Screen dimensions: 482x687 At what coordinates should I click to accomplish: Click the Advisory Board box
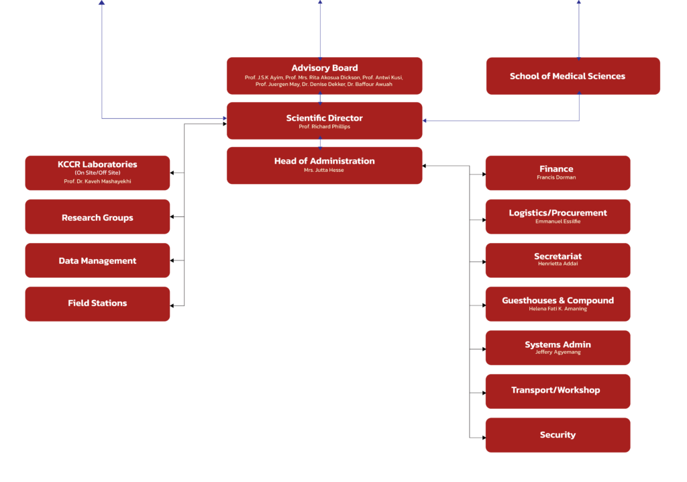click(x=324, y=75)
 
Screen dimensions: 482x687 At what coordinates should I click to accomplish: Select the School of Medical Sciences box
click(x=572, y=76)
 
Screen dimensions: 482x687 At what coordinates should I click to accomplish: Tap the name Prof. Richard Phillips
click(x=324, y=127)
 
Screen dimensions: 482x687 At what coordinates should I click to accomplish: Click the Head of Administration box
click(x=324, y=165)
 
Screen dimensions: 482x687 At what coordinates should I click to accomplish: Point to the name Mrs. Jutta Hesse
click(x=324, y=171)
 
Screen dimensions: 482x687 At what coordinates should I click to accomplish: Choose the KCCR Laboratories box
click(x=97, y=173)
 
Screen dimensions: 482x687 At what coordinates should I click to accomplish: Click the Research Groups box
click(x=97, y=217)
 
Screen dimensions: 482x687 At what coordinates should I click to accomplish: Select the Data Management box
click(x=97, y=260)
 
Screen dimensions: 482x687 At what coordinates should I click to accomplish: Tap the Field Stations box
click(x=97, y=303)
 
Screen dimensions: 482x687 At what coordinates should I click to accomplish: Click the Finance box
click(x=558, y=173)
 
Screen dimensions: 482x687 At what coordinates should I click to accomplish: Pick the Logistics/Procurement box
click(x=558, y=216)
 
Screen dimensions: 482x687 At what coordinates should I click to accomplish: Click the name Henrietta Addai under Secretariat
click(x=558, y=264)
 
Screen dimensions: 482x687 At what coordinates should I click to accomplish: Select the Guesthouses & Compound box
click(x=558, y=303)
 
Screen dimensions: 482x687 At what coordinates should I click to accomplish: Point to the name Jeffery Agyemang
click(x=558, y=352)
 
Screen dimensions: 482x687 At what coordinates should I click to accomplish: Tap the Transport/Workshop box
click(x=558, y=391)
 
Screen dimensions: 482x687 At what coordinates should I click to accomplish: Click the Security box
click(x=558, y=435)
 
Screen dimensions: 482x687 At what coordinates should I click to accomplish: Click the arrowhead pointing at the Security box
click(x=483, y=438)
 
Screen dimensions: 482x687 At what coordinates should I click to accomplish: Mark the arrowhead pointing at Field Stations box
click(x=172, y=306)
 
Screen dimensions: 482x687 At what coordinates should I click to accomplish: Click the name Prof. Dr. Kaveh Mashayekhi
click(x=97, y=181)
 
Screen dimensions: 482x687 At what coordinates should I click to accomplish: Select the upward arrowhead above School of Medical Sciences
click(x=578, y=3)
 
